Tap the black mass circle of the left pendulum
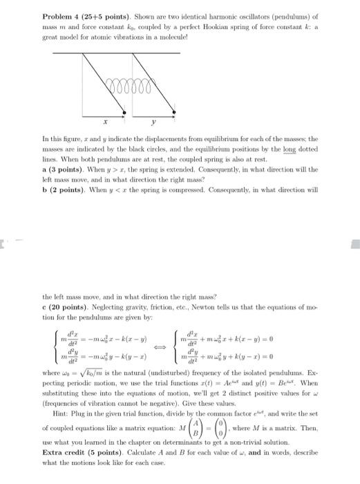[124, 112]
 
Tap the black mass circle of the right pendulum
[170, 112]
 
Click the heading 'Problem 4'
[61, 16]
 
